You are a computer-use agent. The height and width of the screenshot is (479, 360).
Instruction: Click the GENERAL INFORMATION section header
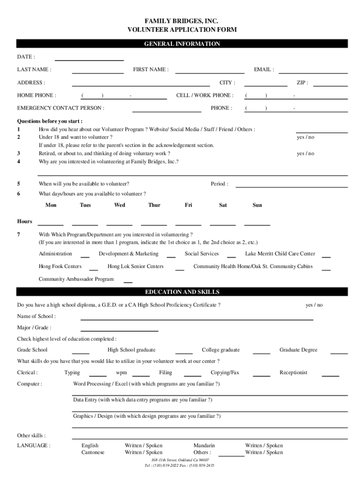[182, 44]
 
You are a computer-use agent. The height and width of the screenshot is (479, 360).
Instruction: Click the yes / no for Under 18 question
[305, 138]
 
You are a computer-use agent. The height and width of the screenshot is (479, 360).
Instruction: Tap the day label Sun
[257, 205]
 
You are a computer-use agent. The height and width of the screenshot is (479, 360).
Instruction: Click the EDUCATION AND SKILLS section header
[182, 292]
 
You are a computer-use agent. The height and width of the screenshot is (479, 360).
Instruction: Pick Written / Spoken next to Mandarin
[264, 446]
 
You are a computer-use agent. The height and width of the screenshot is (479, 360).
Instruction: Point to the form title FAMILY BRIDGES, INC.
[182, 22]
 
